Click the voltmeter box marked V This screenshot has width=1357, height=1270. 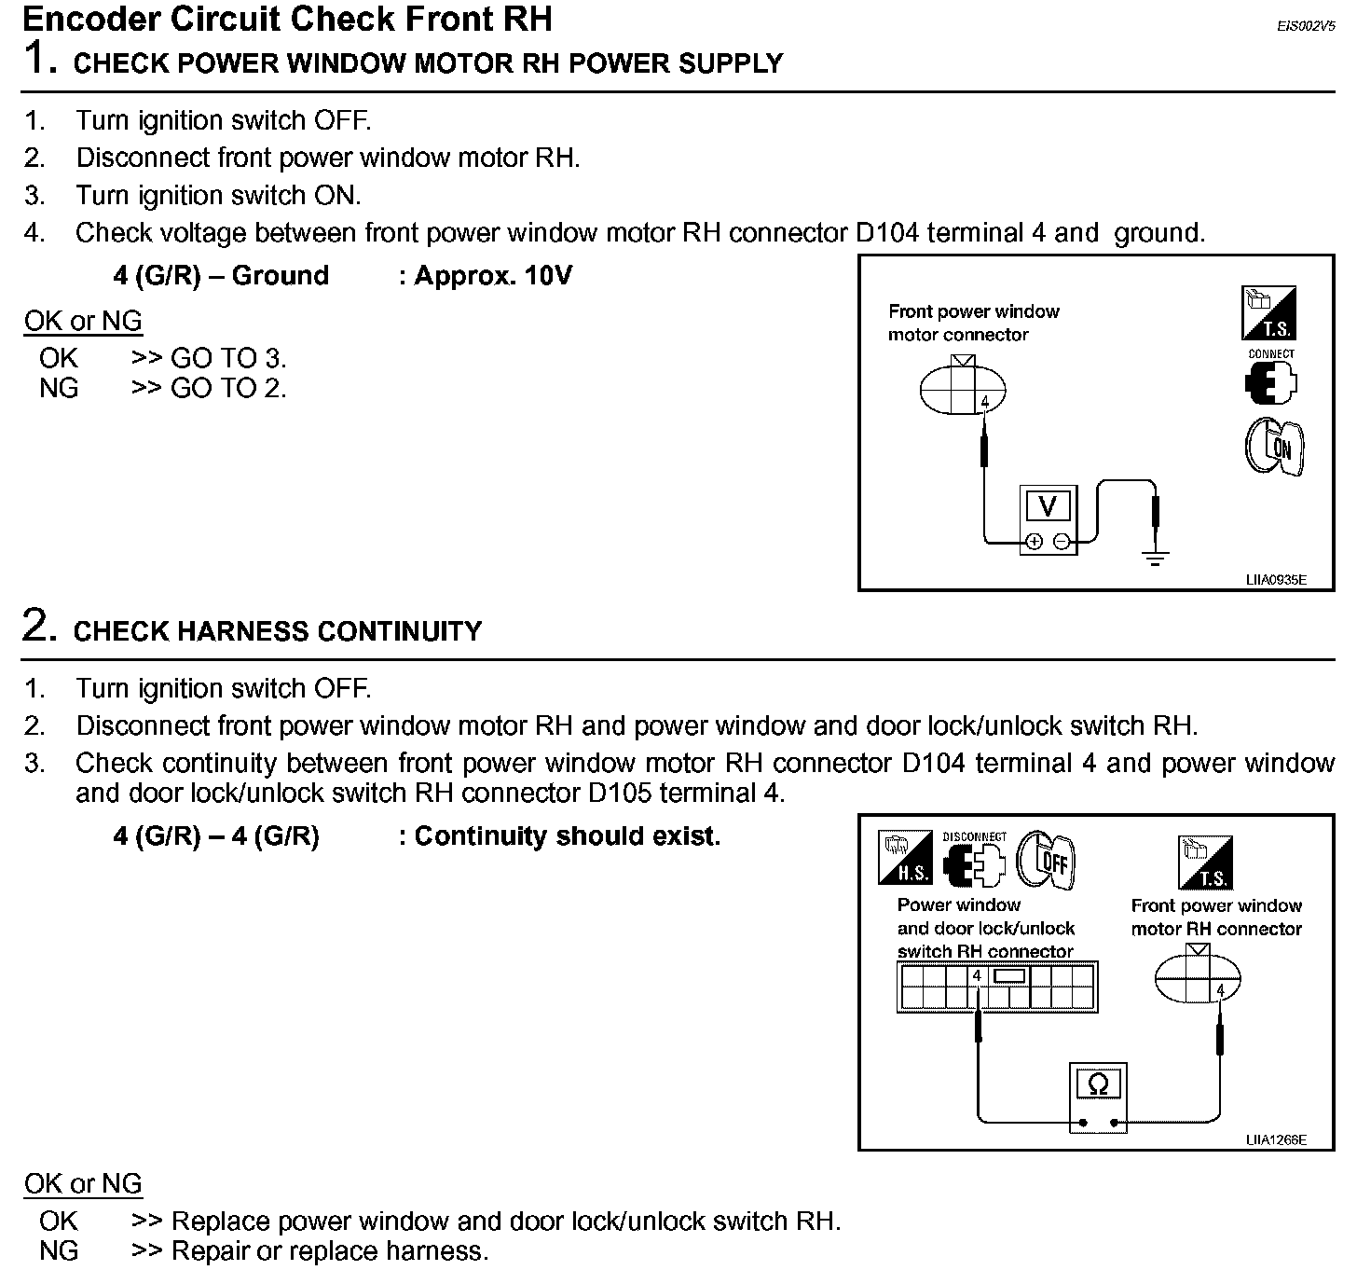point(1048,507)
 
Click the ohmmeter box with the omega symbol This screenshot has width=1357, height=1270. point(1099,1085)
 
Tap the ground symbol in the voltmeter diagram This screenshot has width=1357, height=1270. point(1156,559)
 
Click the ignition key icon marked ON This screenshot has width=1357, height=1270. point(1274,446)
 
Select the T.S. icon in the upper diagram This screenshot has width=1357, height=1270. point(1268,313)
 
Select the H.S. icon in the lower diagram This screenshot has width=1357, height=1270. point(904,858)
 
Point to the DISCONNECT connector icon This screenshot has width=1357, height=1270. point(974,859)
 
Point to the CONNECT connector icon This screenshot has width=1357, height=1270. point(1271,378)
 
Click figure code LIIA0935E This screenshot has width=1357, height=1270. point(1276,580)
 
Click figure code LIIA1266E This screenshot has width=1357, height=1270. point(1276,1139)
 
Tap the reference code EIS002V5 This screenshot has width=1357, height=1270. point(1306,27)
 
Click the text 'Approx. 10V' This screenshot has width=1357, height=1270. point(493,276)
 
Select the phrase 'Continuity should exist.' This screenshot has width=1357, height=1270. point(567,836)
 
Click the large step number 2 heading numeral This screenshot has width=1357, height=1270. point(35,626)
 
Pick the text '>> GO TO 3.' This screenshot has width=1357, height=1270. point(209,358)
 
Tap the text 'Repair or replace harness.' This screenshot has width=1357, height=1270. point(330,1250)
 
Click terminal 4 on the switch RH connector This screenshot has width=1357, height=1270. point(977,976)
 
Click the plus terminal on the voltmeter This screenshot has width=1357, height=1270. point(1035,542)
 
